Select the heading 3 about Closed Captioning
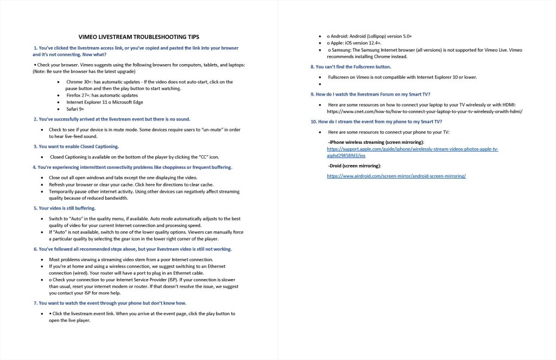coord(76,147)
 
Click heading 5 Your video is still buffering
coord(64,208)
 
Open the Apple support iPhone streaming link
coord(412,152)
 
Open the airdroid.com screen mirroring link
coord(396,176)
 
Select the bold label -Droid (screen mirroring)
coord(355,166)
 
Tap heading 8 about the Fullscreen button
coord(350,67)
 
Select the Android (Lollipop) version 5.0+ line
coord(370,36)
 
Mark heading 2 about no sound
coord(111,119)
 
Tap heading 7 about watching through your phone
coord(110,303)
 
